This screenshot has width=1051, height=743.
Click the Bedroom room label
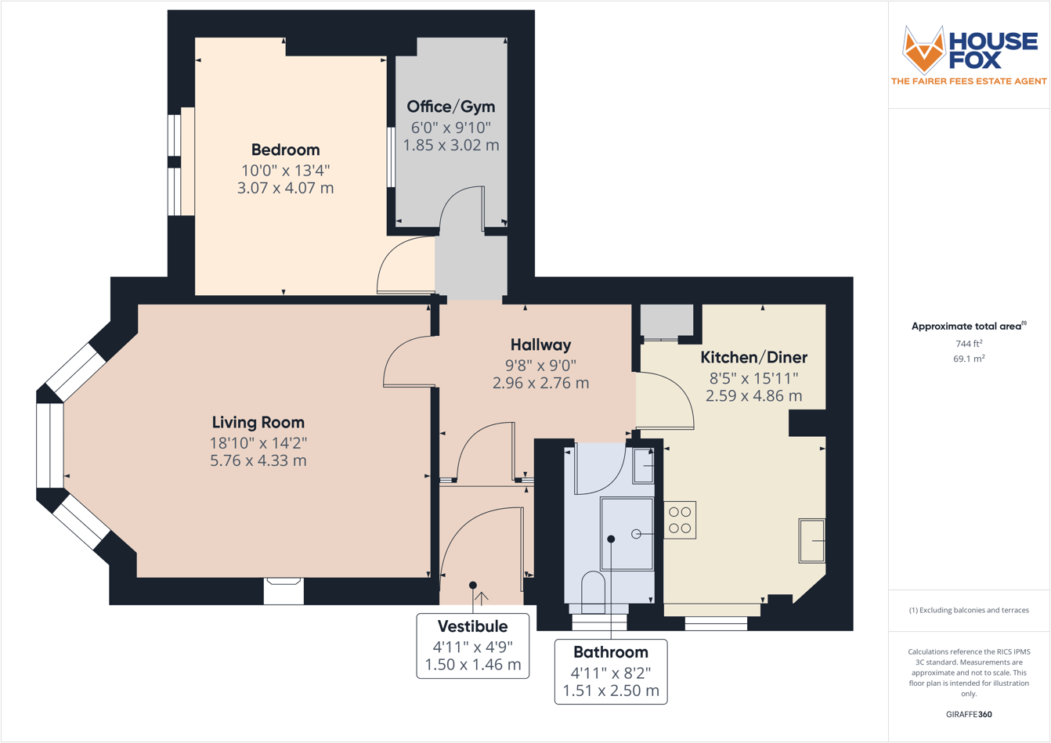click(x=285, y=150)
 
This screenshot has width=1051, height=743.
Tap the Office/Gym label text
click(x=450, y=106)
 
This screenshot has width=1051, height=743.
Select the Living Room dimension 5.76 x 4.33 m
click(x=258, y=460)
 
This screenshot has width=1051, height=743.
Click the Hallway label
click(x=540, y=344)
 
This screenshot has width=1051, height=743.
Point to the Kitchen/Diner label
click(x=753, y=357)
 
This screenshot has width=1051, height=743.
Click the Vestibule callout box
click(x=472, y=645)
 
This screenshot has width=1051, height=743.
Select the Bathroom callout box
click(x=611, y=671)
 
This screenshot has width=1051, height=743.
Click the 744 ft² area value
click(x=969, y=343)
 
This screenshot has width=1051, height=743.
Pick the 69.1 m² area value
click(x=969, y=359)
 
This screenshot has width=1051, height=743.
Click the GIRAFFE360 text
click(x=969, y=714)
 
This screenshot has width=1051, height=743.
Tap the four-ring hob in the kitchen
click(x=680, y=520)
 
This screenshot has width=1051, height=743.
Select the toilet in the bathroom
click(x=594, y=593)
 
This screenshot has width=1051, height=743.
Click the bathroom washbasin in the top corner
click(x=643, y=466)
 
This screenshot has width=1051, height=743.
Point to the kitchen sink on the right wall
click(x=811, y=540)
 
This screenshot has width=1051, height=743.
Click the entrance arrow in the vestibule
click(x=482, y=599)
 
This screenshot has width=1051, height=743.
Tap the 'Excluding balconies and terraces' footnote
click(x=969, y=610)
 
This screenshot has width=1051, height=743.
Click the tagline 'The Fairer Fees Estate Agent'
click(x=969, y=81)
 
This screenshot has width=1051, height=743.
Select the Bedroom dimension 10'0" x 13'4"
click(x=285, y=170)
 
